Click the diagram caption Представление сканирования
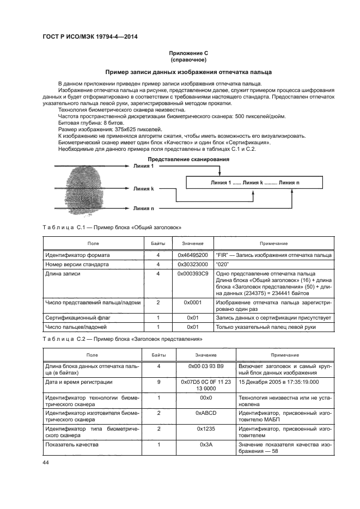(x=188, y=159)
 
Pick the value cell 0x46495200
(x=193, y=254)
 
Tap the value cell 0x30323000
(x=193, y=264)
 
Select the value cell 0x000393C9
(x=193, y=274)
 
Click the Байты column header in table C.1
(x=158, y=243)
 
